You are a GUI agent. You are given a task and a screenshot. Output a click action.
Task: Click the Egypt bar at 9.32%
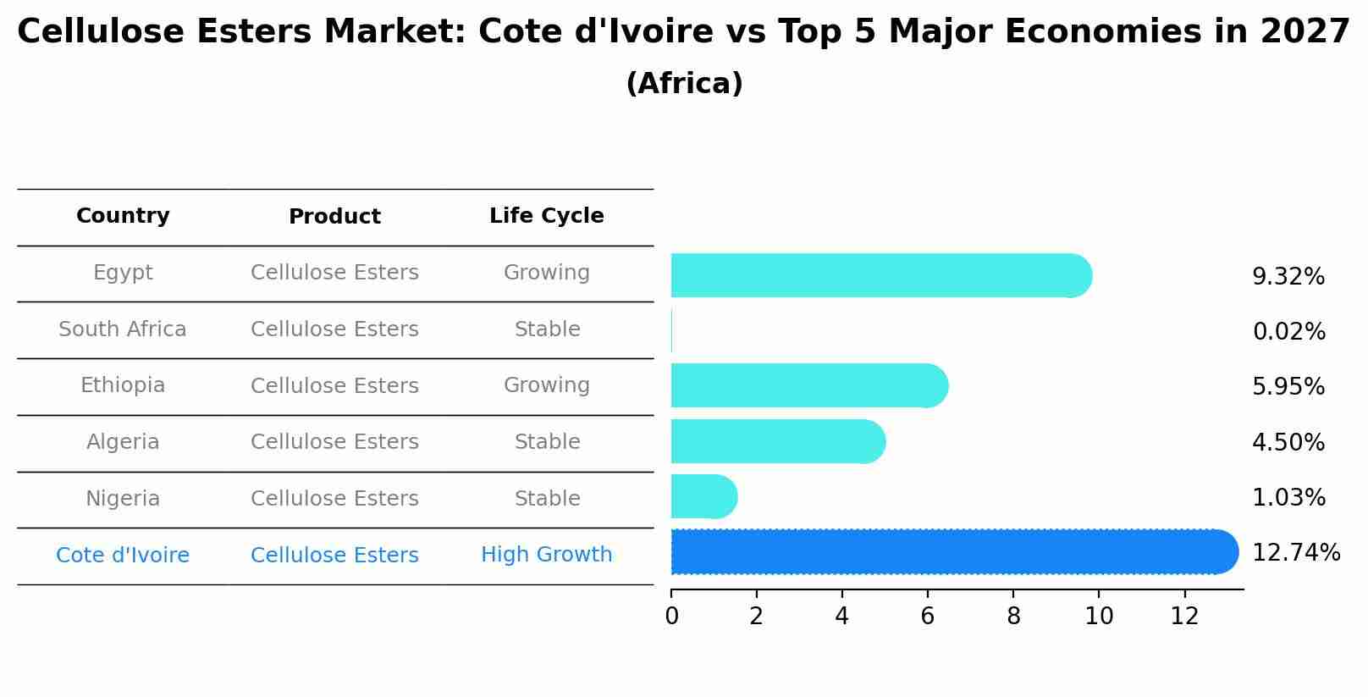tap(880, 275)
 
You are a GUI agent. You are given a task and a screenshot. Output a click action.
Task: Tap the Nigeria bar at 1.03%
tap(703, 497)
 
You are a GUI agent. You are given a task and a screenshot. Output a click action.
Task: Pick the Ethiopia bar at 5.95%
tap(808, 386)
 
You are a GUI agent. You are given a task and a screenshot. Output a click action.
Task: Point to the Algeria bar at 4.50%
tap(777, 441)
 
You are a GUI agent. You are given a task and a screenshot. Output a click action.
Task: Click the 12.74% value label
tap(1295, 553)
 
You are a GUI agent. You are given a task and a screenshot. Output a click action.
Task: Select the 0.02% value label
tap(1288, 332)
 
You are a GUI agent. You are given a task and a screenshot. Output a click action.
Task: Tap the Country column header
tap(123, 216)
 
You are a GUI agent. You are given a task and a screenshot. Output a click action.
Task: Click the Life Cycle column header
tap(546, 216)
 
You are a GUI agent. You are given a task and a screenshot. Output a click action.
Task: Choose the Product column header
tap(334, 217)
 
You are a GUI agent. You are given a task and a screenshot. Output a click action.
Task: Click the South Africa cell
tap(123, 329)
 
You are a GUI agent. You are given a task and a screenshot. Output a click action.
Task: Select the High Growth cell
tap(546, 555)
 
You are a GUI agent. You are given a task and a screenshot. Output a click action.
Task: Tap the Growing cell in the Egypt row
tap(546, 273)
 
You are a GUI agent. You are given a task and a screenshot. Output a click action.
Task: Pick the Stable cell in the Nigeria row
tap(547, 499)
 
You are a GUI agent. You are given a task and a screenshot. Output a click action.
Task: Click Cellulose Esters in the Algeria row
tap(334, 442)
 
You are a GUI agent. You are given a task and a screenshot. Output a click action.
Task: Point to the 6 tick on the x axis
tap(928, 617)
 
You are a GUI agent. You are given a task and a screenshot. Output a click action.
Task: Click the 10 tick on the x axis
tap(1099, 617)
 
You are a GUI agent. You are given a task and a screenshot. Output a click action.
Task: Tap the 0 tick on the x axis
tap(671, 617)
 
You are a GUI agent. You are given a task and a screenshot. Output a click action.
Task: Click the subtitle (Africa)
tap(684, 84)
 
